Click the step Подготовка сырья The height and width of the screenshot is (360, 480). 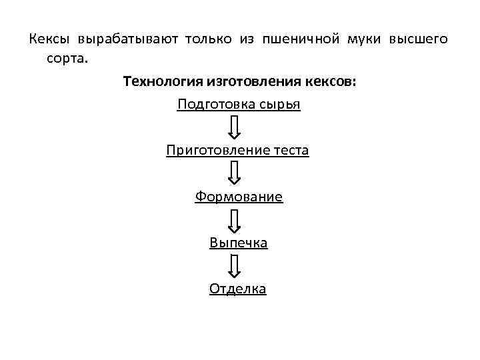tap(239, 105)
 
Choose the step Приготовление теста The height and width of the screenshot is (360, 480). tap(238, 151)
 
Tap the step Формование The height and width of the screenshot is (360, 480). tap(239, 197)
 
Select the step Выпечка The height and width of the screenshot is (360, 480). tap(239, 243)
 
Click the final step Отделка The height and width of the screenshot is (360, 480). tap(238, 289)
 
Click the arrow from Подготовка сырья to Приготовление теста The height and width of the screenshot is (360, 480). tap(235, 127)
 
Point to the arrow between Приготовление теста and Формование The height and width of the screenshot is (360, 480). tap(235, 173)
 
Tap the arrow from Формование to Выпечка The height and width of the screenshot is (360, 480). tap(235, 219)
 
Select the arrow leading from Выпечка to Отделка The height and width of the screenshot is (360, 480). tap(235, 265)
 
